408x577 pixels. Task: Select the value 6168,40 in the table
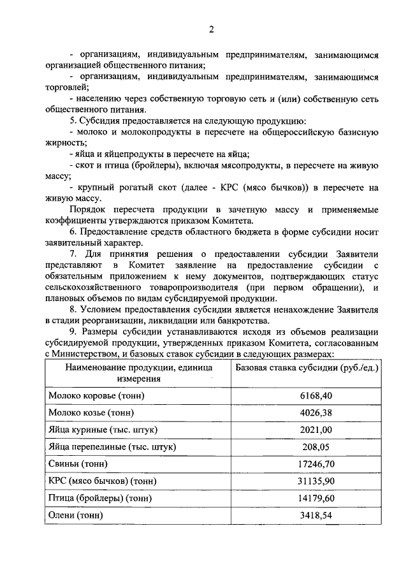tap(317, 395)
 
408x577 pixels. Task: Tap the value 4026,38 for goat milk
tap(317, 412)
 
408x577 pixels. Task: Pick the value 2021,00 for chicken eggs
tap(317, 429)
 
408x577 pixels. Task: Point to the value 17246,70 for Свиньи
tap(317, 464)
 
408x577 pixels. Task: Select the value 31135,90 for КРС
tap(317, 481)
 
